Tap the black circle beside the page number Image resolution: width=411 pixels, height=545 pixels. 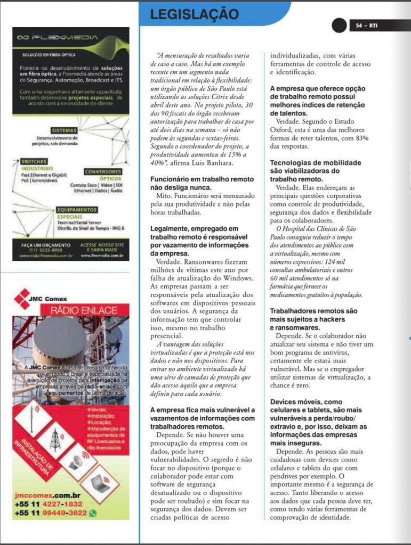339,25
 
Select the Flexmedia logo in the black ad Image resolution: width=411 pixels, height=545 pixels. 58,38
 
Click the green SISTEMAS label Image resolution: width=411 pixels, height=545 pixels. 65,130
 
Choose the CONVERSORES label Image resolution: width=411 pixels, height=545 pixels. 103,171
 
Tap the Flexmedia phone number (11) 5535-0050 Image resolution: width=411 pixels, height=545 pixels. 45,250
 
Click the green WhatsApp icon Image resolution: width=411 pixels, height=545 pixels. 93,513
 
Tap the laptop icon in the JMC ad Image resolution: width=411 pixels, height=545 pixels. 100,483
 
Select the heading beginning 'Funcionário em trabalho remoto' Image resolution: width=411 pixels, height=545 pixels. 202,184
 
